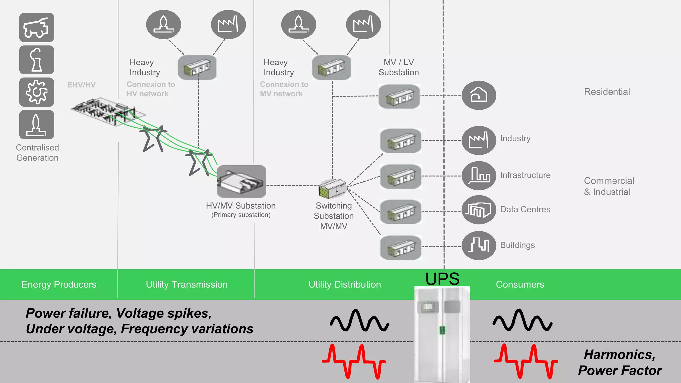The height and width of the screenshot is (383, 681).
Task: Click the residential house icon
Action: (x=478, y=95)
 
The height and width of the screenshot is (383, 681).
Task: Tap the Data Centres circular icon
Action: (x=478, y=210)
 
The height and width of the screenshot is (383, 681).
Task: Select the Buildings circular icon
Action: (x=478, y=245)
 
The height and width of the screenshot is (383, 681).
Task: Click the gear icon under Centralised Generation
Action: (x=37, y=92)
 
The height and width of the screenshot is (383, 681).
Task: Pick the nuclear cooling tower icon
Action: (x=37, y=60)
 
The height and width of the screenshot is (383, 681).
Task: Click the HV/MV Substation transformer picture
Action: (x=241, y=182)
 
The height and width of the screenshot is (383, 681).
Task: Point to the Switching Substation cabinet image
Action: (x=333, y=189)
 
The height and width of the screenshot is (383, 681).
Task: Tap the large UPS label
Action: (x=442, y=279)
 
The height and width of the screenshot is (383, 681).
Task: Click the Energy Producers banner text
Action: (x=59, y=285)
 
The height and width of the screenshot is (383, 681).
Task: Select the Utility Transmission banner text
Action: (x=187, y=285)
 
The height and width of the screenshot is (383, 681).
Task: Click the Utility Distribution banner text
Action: (x=344, y=285)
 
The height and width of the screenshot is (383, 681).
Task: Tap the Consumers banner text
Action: (x=520, y=285)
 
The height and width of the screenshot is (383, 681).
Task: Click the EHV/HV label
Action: (x=81, y=85)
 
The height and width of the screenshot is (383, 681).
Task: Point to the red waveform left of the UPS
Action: (x=354, y=362)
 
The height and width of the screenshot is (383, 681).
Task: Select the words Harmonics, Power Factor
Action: (x=619, y=362)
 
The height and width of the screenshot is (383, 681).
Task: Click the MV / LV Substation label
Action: (x=399, y=67)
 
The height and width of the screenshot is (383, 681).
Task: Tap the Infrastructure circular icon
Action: (x=478, y=176)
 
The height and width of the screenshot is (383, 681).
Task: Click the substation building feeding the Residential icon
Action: (x=399, y=96)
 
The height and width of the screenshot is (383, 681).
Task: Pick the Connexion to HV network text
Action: (x=151, y=89)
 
